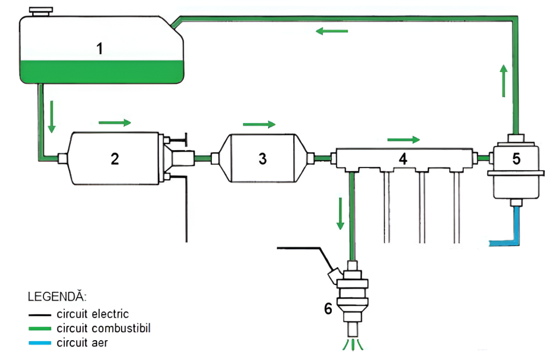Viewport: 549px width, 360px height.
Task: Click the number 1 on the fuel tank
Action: pos(99,49)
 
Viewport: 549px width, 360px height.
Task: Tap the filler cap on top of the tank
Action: pos(41,11)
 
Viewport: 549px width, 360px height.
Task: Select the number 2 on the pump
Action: pos(115,158)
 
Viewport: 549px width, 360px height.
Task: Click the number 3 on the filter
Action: pos(262,159)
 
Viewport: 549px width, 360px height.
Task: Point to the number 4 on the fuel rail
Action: pos(403,158)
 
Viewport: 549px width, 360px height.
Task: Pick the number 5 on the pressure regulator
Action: pos(516,159)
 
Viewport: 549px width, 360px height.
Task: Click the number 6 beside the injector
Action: pos(328,308)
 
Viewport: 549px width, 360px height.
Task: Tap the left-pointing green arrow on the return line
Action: pos(332,31)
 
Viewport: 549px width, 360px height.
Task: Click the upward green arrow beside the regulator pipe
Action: pos(503,80)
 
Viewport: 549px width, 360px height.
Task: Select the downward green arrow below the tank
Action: pos(52,115)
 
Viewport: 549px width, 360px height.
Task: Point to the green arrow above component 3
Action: pos(259,124)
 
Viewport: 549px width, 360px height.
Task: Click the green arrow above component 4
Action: pos(403,140)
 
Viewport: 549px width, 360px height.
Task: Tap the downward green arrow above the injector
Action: pos(339,213)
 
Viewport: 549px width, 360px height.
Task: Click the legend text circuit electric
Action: pos(93,314)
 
